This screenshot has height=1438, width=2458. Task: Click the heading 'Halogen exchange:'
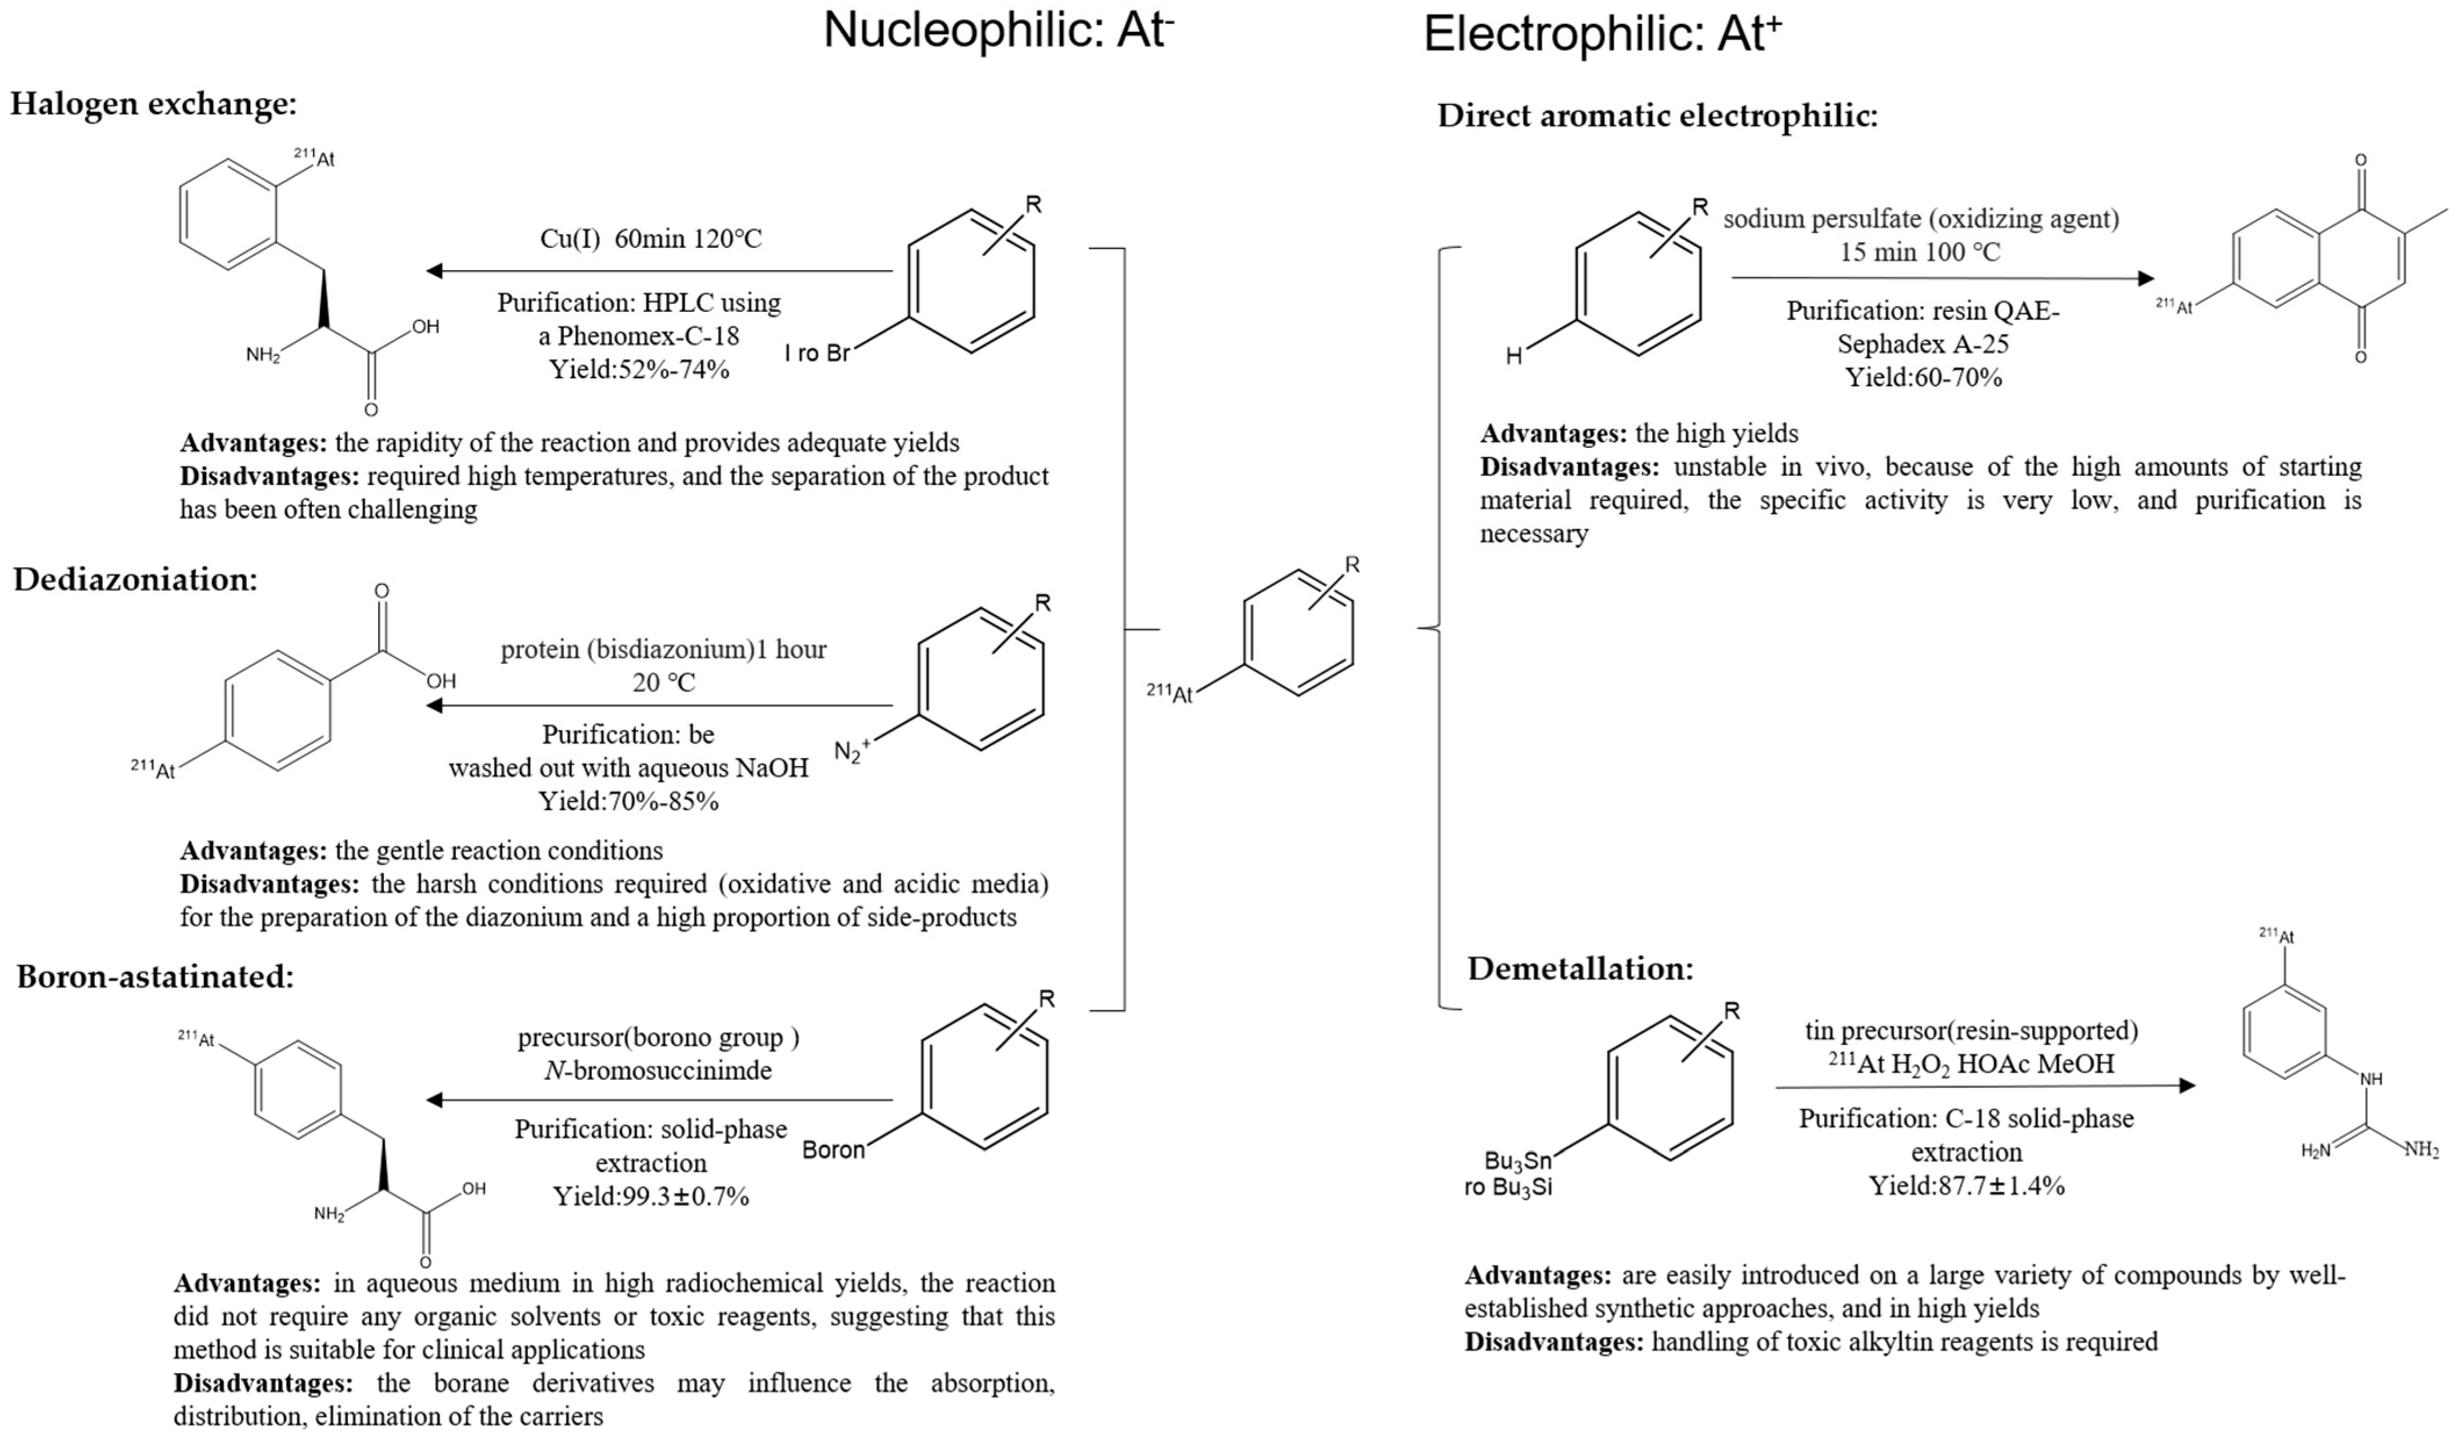coord(153,103)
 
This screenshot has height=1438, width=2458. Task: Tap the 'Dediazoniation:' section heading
coord(135,580)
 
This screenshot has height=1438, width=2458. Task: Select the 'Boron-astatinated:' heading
coord(155,976)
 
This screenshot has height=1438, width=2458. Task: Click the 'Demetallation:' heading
coord(1580,969)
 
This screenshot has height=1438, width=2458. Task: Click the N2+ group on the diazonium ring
coord(851,751)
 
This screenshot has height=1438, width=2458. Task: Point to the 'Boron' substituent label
coord(833,1150)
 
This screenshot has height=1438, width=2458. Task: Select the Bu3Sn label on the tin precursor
coord(1517,1161)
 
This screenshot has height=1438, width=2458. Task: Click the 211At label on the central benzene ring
coord(1168,693)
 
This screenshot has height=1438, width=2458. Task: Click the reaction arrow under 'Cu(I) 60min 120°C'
coord(660,271)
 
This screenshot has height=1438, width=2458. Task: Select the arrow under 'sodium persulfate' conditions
coord(1941,278)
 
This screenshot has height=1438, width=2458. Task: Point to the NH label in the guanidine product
coord(2370,1079)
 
